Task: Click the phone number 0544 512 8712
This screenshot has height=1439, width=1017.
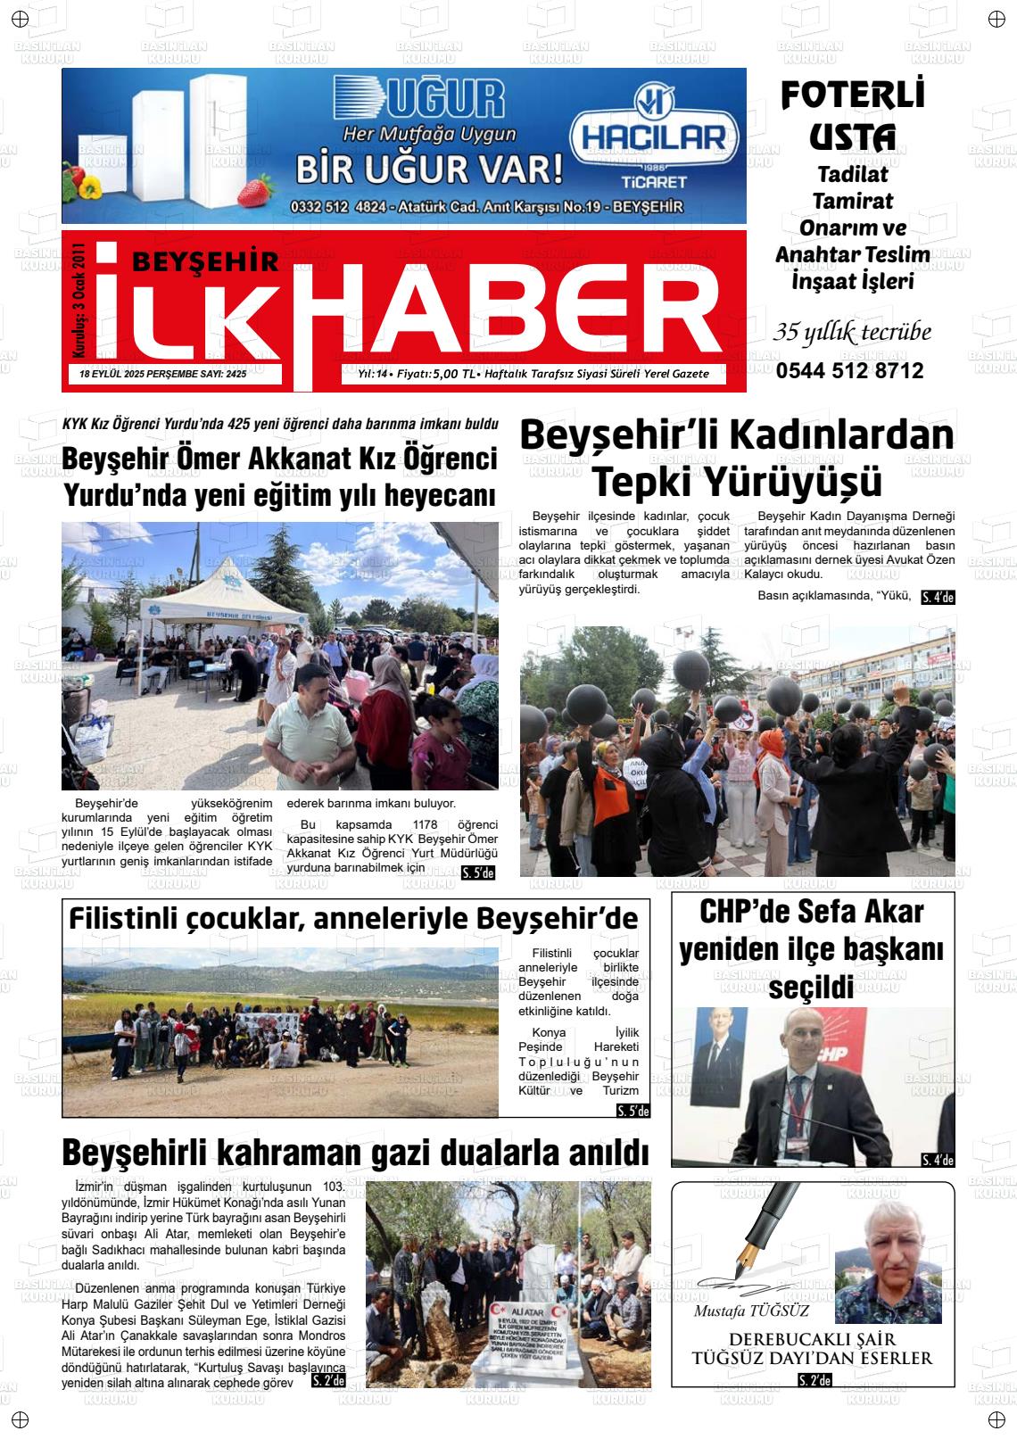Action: [849, 371]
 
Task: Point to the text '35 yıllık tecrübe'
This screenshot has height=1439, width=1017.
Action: [852, 333]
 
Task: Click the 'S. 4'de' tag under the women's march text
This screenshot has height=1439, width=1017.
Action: [937, 598]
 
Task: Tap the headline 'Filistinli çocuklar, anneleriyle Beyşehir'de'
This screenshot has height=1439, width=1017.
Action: [353, 918]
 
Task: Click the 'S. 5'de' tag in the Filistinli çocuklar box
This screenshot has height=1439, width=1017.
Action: [633, 1112]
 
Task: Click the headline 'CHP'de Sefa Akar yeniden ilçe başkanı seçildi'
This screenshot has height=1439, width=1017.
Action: [811, 948]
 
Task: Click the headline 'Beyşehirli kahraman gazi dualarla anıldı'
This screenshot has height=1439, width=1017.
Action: [355, 1153]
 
